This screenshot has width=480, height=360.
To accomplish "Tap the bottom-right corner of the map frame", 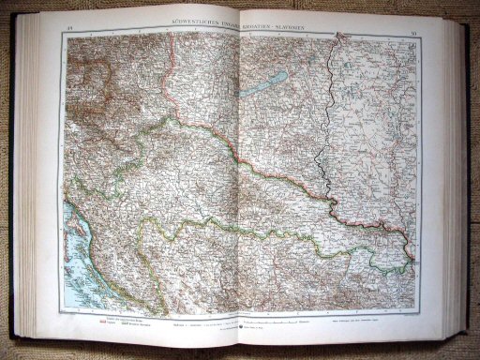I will pos(417,319).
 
